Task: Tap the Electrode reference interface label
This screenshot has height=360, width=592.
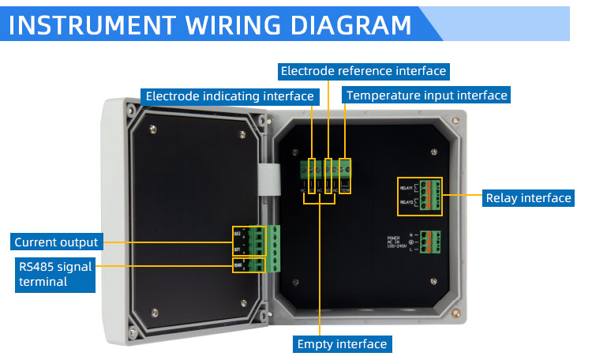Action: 364,71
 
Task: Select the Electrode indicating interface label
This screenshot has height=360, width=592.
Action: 230,96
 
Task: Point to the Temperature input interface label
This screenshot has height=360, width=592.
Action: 426,96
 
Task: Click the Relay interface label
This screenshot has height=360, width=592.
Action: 528,198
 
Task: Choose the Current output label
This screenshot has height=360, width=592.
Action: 56,242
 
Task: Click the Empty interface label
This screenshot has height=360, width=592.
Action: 342,344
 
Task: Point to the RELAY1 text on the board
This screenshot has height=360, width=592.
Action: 407,188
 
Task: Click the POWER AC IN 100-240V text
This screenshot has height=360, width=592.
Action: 399,242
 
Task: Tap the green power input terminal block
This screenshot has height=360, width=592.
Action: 430,242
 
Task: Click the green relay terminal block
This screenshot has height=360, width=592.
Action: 431,196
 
